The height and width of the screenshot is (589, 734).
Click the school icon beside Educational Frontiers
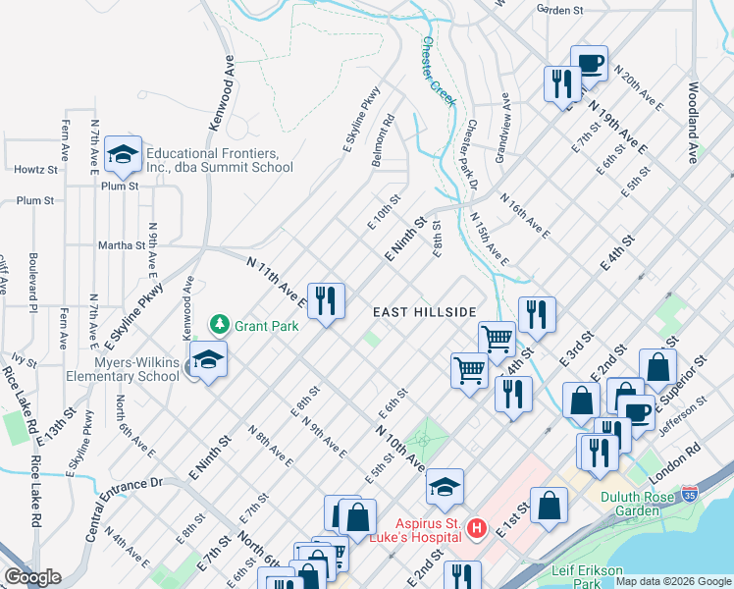tap(124, 155)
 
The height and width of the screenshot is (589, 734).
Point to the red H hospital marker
tap(477, 528)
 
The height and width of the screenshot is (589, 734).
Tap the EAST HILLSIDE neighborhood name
tap(424, 311)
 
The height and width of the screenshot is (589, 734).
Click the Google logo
tap(31, 577)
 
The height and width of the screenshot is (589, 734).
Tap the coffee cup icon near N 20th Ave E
tap(589, 64)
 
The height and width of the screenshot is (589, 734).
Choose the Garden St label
tap(559, 9)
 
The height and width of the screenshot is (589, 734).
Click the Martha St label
tap(121, 244)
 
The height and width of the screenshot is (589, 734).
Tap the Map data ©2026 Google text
tap(673, 581)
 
